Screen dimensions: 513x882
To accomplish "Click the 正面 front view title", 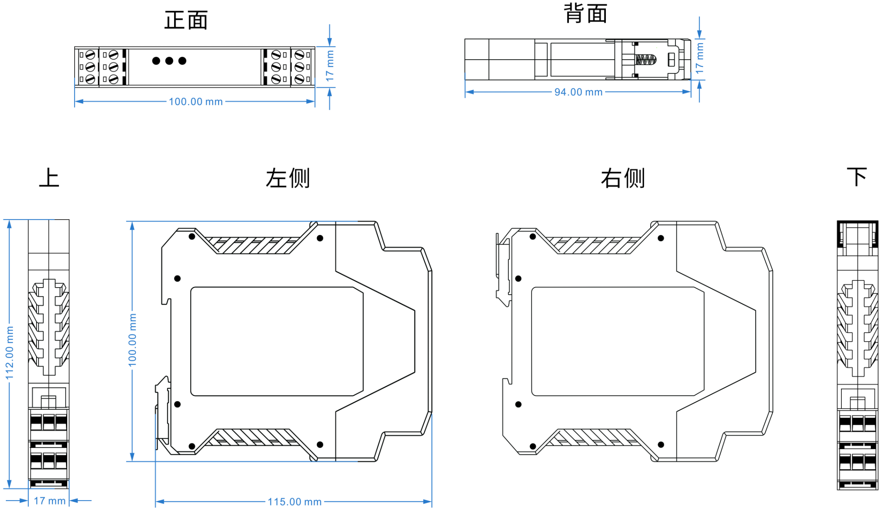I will click(x=186, y=20).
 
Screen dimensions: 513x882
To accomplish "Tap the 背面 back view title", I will click(x=586, y=14).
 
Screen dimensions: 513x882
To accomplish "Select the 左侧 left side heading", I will click(x=288, y=179).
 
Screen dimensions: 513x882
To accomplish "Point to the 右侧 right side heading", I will click(x=623, y=179).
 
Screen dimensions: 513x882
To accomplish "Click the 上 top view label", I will click(x=49, y=178).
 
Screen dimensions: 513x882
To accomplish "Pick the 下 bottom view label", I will click(x=857, y=177).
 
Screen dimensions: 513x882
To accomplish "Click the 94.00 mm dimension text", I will click(x=578, y=92).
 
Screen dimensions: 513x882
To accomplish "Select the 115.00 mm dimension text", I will click(x=294, y=502).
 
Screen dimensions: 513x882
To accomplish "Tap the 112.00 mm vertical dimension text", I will click(x=10, y=353).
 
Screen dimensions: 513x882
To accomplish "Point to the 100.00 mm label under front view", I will click(x=196, y=102).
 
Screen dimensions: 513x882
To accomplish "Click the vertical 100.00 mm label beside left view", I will click(x=132, y=340).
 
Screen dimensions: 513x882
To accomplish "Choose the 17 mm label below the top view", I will click(x=49, y=501).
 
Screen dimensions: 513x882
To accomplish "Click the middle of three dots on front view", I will click(x=169, y=61).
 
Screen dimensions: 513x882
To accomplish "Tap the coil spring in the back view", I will click(x=646, y=60).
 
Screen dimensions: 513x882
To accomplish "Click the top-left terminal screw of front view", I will click(x=90, y=55).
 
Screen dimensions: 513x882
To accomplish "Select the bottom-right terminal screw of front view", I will click(x=299, y=79).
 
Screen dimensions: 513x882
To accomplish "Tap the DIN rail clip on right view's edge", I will click(x=503, y=269).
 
